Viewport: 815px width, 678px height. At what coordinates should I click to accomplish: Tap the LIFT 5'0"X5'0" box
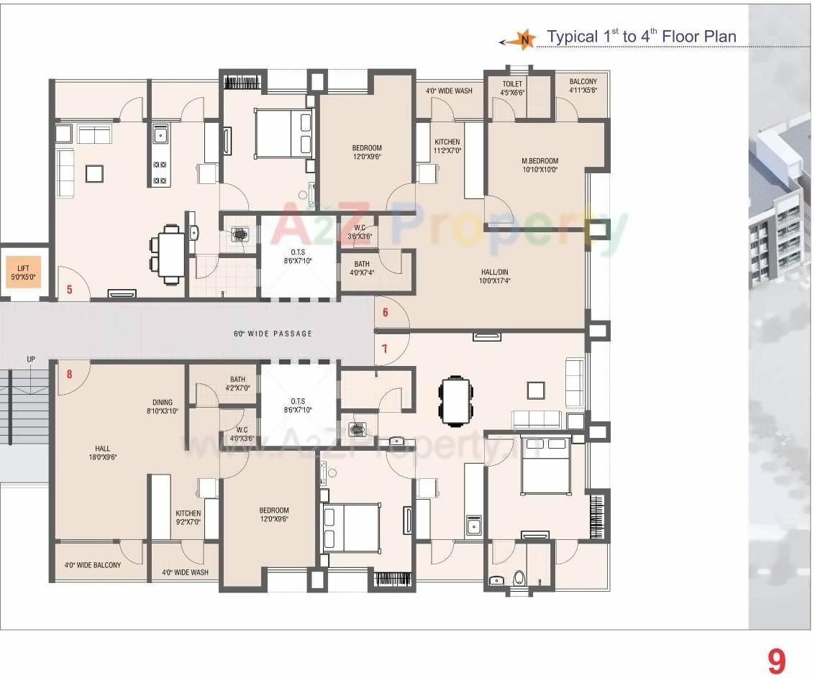[23, 272]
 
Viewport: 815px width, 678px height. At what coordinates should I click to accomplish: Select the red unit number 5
[70, 290]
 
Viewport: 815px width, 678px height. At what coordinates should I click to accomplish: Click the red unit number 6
[386, 312]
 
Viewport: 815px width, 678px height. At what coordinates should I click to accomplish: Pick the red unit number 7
[385, 349]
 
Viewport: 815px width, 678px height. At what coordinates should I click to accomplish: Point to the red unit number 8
[70, 374]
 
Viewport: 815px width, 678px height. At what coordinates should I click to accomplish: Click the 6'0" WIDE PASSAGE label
[273, 334]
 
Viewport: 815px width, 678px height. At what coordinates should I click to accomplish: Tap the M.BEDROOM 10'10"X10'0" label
[539, 165]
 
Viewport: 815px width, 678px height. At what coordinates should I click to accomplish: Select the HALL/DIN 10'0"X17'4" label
[496, 277]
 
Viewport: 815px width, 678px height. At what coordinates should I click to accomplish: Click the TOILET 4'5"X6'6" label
[513, 88]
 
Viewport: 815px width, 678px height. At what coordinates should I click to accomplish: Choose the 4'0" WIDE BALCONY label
[93, 565]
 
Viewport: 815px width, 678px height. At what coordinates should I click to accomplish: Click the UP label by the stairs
[31, 359]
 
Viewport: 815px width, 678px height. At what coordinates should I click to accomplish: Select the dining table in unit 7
[457, 400]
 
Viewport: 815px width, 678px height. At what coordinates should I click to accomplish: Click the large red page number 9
[775, 661]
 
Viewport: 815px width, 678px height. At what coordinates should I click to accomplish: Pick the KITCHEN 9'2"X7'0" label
[188, 518]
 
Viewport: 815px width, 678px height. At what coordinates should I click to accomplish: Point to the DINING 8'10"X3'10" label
[163, 407]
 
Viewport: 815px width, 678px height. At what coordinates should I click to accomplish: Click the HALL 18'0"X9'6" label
[102, 452]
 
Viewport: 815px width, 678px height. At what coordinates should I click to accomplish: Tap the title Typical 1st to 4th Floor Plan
[641, 36]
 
